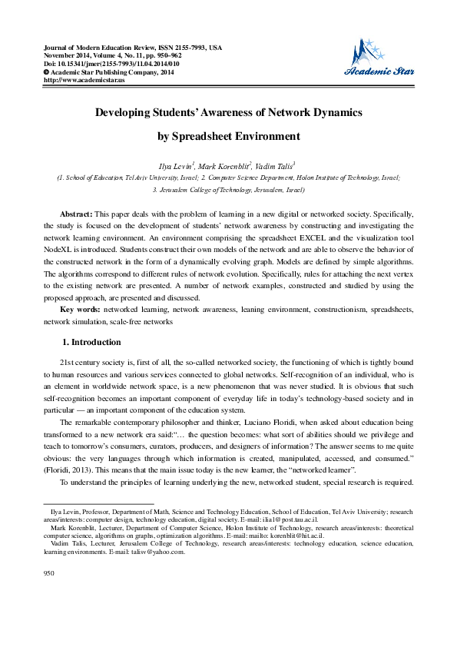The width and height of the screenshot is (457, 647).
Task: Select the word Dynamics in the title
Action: [333, 112]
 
